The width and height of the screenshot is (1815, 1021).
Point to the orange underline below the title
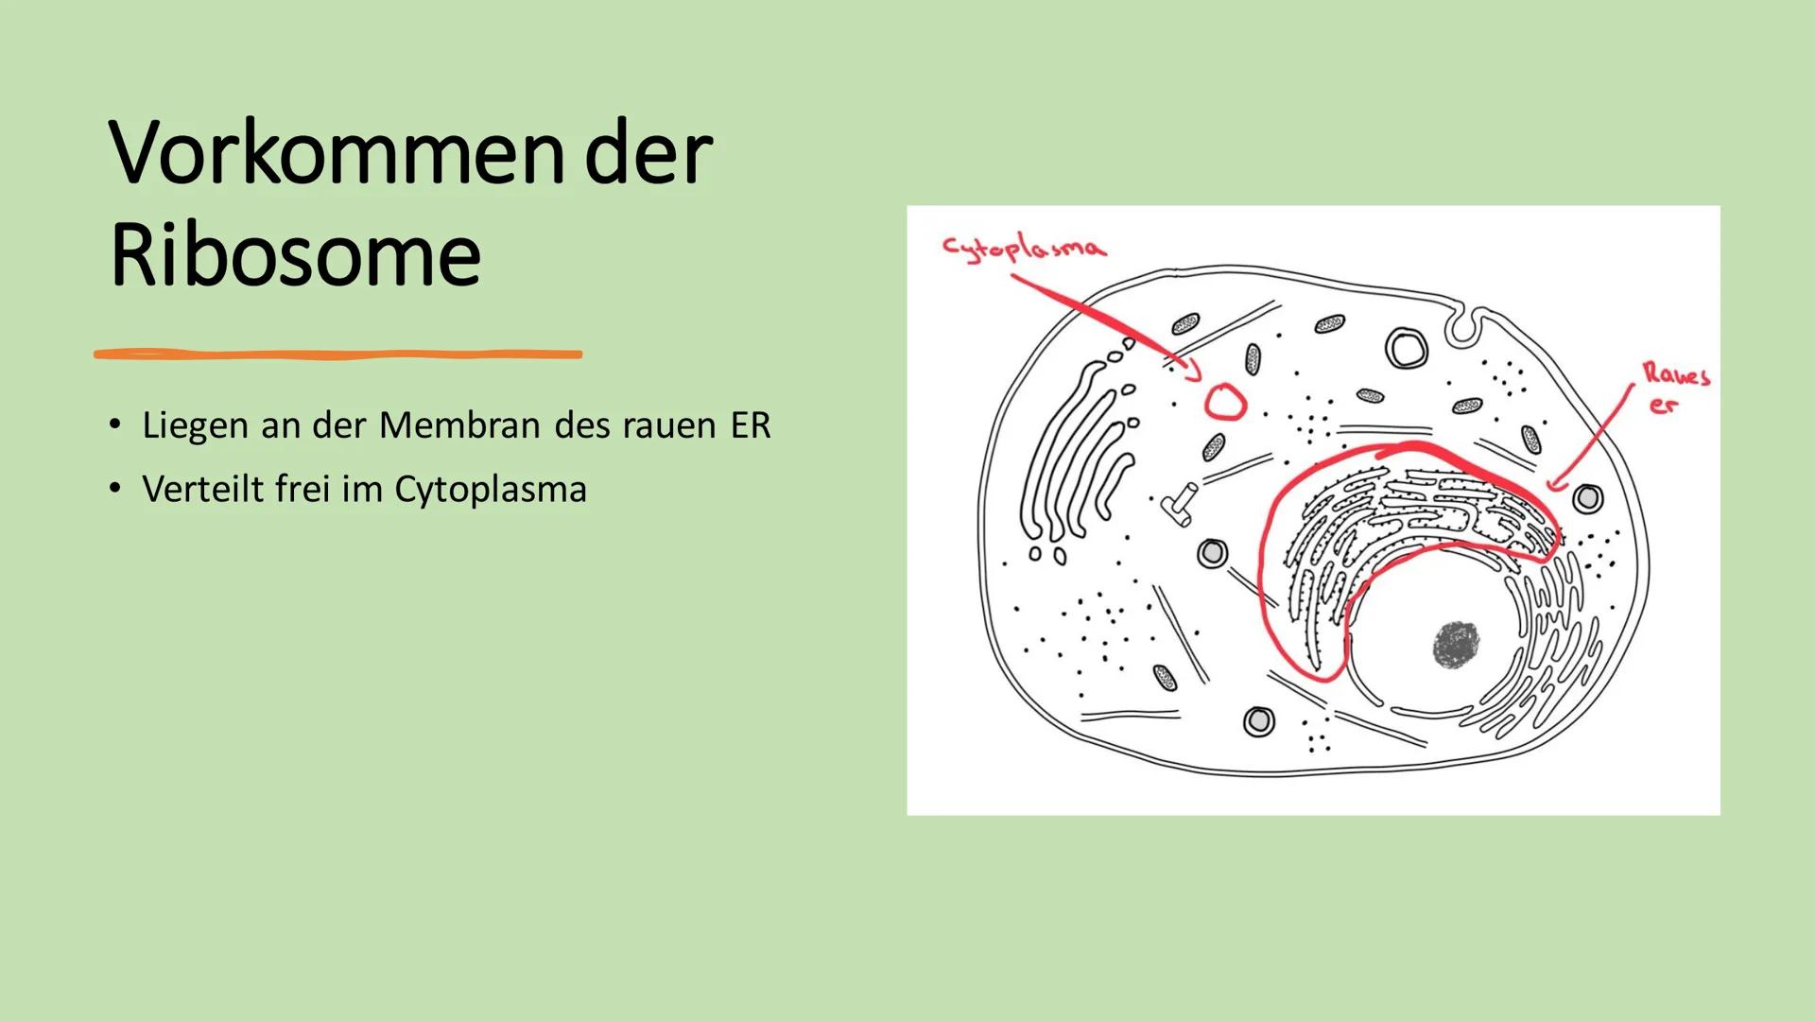point(337,355)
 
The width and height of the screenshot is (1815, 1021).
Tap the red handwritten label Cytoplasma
point(1023,248)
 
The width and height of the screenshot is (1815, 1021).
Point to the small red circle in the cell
point(1225,403)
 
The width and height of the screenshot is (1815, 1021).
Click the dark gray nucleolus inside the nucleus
point(1457,646)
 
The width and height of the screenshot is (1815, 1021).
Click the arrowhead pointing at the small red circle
point(1193,374)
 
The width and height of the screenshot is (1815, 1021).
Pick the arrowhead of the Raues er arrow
point(1553,485)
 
